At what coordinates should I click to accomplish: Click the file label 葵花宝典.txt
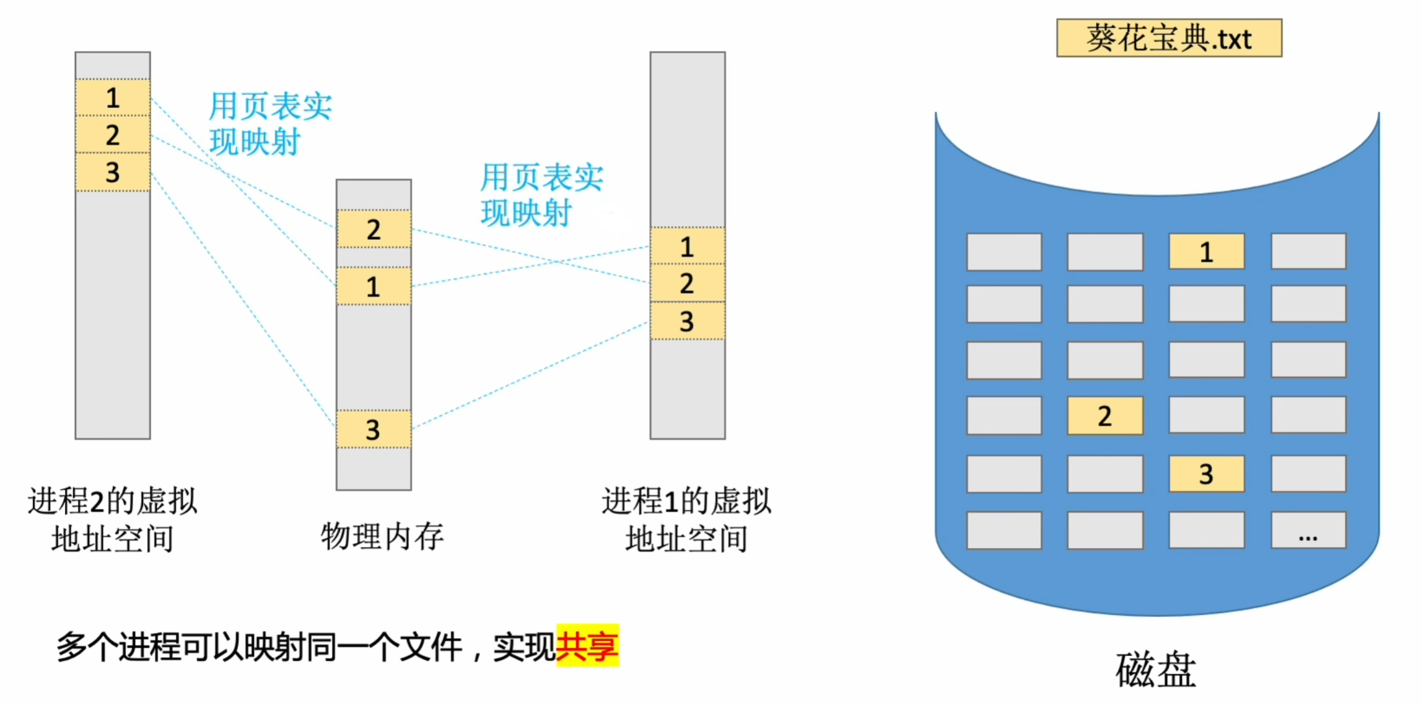pos(1168,38)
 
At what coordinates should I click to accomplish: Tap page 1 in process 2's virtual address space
pos(112,98)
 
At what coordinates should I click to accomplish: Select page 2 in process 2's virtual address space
pos(112,135)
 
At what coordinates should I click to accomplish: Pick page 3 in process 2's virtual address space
pos(112,172)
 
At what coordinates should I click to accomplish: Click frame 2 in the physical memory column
pos(373,229)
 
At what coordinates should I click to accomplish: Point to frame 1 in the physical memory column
pos(373,286)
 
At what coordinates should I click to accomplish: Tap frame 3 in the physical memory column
pos(373,429)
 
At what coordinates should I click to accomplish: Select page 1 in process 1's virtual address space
pos(687,246)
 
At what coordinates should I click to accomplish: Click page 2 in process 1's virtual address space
pos(687,283)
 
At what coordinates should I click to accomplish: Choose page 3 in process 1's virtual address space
pos(687,320)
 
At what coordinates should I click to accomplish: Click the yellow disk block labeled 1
pos(1206,252)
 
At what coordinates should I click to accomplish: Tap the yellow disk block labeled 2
pos(1105,415)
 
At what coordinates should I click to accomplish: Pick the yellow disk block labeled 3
pos(1206,473)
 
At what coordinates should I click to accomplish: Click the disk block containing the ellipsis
pos(1308,530)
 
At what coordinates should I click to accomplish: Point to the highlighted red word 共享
pos(587,646)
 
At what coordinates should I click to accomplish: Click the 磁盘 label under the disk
pos(1155,669)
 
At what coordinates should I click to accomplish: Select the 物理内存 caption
pos(382,536)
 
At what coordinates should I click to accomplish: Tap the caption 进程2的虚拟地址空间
pos(112,519)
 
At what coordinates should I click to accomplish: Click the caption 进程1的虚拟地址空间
pos(687,519)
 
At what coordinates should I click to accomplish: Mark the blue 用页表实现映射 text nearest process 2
pos(269,124)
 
